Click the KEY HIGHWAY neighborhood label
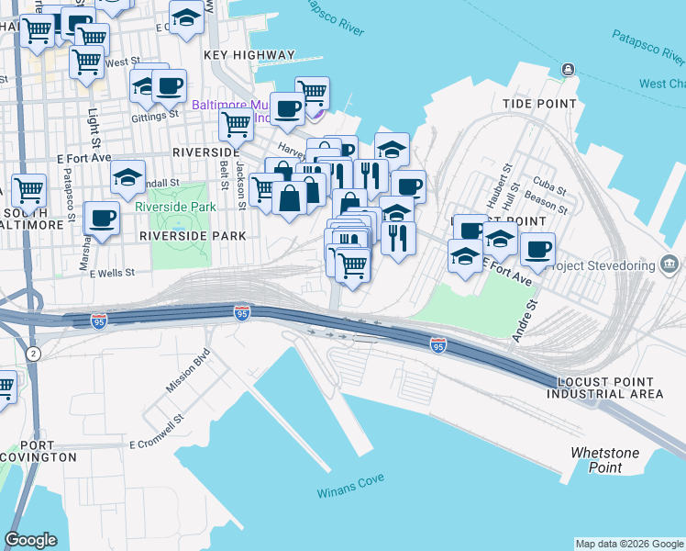pos(249,55)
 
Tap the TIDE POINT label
pos(537,105)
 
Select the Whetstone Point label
pos(596,460)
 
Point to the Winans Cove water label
pos(349,485)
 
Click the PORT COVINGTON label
pos(39,449)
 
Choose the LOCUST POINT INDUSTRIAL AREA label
pos(604,388)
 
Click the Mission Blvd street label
pos(188,371)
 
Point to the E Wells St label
pos(109,273)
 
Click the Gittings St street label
pos(155,116)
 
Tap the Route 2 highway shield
pos(34,354)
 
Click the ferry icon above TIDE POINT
pos(569,70)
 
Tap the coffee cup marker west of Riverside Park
pos(101,219)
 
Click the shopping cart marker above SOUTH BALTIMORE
pos(28,190)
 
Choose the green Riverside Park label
pos(175,207)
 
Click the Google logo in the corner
pos(30,540)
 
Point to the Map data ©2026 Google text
pos(628,544)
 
